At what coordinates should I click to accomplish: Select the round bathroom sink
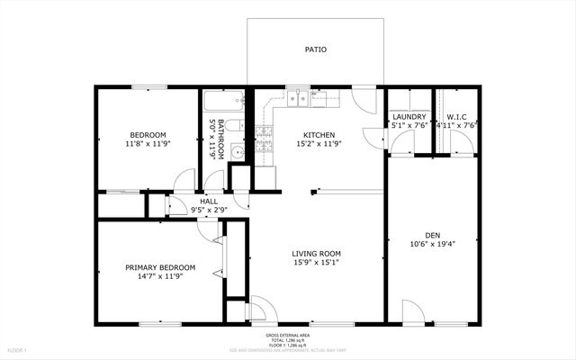pyautogui.click(x=238, y=151)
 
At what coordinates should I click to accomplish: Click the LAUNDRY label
pyautogui.click(x=409, y=117)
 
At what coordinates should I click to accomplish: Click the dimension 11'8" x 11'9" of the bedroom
pyautogui.click(x=147, y=143)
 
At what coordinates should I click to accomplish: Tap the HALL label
pyautogui.click(x=209, y=201)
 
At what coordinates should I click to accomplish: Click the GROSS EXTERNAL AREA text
pyautogui.click(x=289, y=333)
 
